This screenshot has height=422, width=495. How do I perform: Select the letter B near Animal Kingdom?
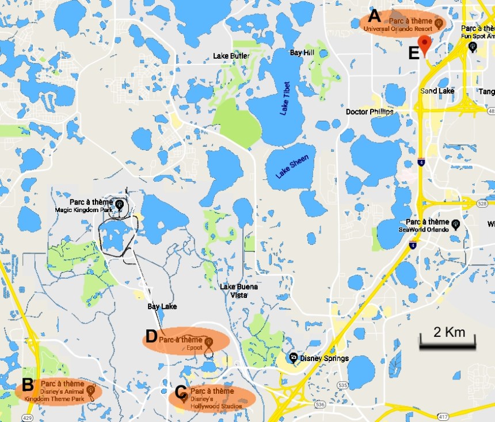(x=27, y=385)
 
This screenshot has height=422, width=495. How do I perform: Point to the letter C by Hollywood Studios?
(x=180, y=393)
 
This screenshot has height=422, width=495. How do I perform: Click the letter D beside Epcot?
(x=151, y=336)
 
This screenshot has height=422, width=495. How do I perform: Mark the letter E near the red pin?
(x=413, y=53)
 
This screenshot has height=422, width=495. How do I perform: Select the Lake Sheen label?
(x=292, y=166)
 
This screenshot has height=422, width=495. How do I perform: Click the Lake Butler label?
(x=231, y=56)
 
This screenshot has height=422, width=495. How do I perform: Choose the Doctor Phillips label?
(x=370, y=112)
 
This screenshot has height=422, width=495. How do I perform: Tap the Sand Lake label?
(x=437, y=91)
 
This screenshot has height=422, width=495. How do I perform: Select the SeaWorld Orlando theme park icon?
(x=455, y=223)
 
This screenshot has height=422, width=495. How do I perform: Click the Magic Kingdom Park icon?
(x=119, y=203)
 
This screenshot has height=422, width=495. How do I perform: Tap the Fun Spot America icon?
(x=473, y=47)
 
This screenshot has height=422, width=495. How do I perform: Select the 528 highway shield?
(x=482, y=202)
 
